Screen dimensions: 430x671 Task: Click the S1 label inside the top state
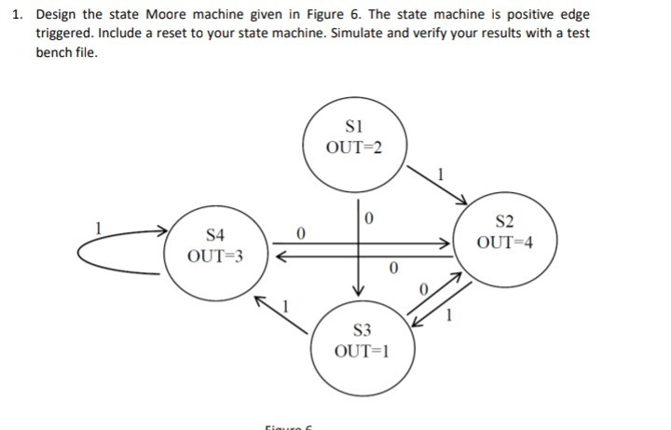[352, 127]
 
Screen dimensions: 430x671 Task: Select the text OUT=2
[353, 146]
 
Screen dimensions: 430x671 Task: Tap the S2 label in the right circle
[504, 222]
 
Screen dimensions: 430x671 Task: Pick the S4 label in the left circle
[215, 235]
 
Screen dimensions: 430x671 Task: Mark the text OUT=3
[215, 256]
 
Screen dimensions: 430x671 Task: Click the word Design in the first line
[57, 16]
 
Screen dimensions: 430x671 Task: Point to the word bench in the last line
[55, 50]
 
